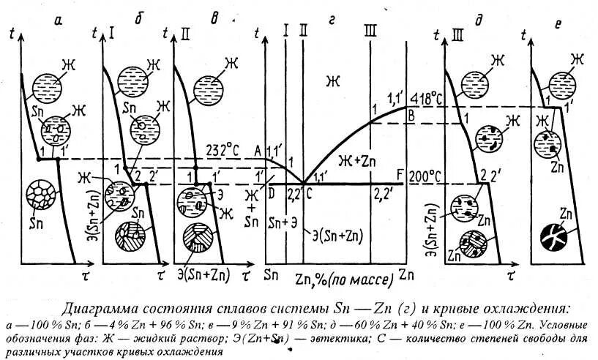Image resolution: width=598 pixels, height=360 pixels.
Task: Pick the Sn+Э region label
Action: (283, 222)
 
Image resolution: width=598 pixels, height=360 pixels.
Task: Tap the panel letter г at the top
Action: (331, 23)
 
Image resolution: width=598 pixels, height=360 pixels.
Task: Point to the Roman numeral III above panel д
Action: (459, 31)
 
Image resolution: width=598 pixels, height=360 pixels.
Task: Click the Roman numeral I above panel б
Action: (112, 31)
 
